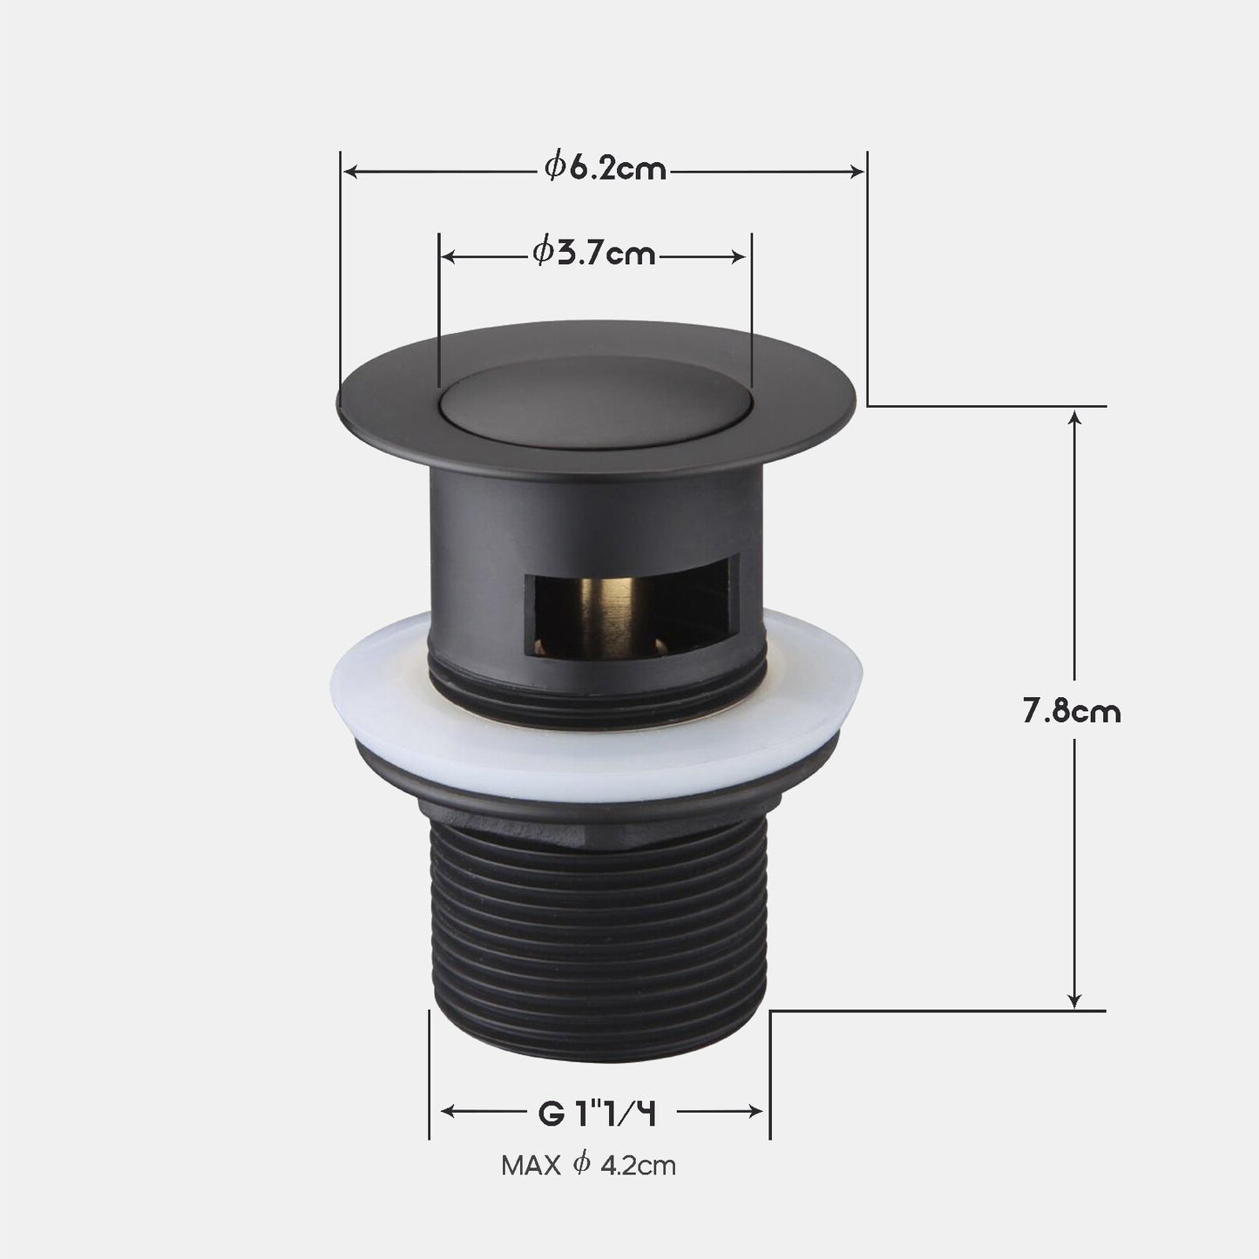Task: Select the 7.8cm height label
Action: click(x=1072, y=712)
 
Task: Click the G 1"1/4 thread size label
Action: click(x=598, y=1113)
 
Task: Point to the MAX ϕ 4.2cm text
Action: click(x=588, y=1165)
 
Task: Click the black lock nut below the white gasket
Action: click(x=598, y=789)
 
